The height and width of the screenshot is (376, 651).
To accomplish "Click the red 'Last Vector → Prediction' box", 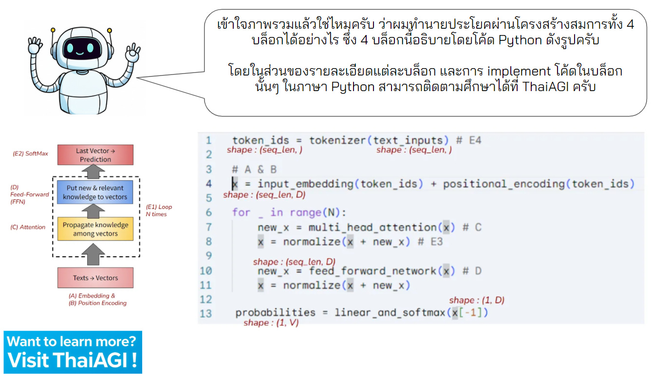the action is [x=95, y=155].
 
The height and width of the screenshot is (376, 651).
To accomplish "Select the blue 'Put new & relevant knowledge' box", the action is [x=95, y=192].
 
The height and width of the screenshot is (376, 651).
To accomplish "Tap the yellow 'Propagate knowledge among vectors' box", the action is [x=95, y=229].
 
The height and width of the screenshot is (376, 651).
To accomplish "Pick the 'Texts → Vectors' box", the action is [x=95, y=278].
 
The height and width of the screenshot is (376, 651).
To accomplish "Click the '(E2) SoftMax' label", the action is [x=30, y=154].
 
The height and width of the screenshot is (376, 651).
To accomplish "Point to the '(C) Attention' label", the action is [x=28, y=227].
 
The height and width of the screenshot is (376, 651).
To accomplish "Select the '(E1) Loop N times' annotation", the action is [x=159, y=210].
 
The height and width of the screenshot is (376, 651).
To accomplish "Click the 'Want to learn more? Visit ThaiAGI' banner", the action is [x=73, y=352].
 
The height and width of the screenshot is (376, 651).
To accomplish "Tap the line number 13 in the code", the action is [x=206, y=313].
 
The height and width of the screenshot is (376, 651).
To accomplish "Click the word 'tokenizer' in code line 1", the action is [x=337, y=141].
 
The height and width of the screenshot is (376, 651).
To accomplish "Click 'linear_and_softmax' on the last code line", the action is [x=389, y=313].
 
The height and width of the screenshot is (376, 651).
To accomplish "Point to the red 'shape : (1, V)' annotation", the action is [x=271, y=323].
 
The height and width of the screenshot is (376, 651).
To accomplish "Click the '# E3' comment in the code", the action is [x=430, y=242].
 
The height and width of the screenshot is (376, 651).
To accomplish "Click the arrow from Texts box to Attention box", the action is [x=95, y=254].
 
